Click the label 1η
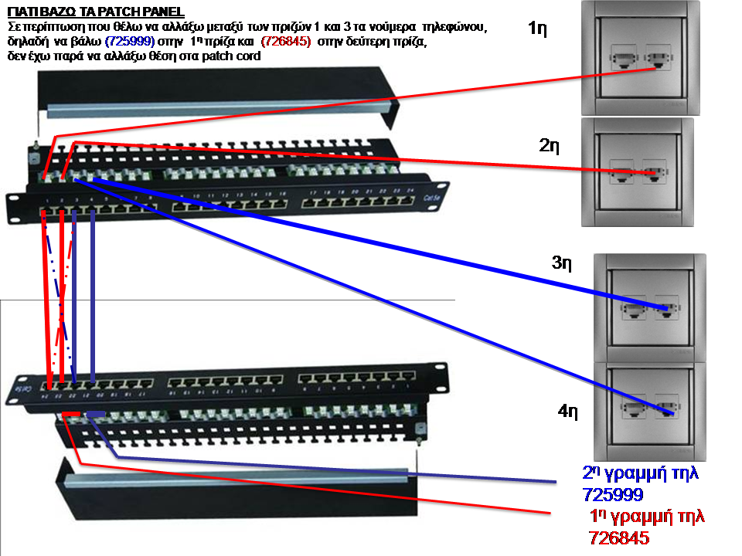pyautogui.click(x=539, y=30)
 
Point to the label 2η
pyautogui.click(x=550, y=145)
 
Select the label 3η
pyautogui.click(x=562, y=263)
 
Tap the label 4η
pyautogui.click(x=568, y=411)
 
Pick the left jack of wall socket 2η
pyautogui.click(x=621, y=173)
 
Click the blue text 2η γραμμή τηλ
pyautogui.click(x=639, y=473)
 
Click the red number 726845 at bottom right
pyautogui.click(x=618, y=537)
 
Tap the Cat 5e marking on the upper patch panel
pyautogui.click(x=434, y=197)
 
